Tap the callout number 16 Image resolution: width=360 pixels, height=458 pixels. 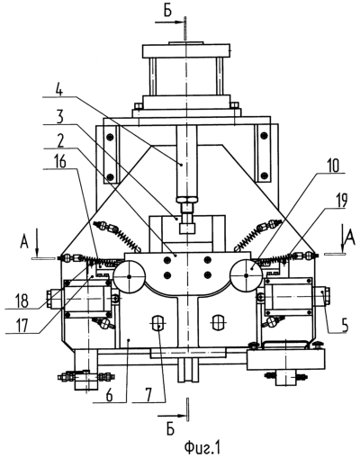59,162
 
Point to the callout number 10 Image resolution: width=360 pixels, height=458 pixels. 332,166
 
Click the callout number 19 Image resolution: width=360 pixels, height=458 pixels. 340,201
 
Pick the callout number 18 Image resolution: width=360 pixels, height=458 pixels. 21,301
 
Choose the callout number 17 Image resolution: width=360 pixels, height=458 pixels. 21,326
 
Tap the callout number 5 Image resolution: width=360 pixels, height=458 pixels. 344,325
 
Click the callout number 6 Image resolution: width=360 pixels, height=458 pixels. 110,395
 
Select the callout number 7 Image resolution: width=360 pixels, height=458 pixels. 149,395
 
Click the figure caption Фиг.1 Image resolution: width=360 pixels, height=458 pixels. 202,448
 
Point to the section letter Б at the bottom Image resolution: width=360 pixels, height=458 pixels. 170,429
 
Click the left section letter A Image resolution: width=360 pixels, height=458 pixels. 24,242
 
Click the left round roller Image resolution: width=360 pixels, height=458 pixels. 130,276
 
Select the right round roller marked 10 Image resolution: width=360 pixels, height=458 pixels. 247,276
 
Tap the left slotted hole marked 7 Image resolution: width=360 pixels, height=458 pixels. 158,323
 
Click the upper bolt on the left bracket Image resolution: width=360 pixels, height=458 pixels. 110,137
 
